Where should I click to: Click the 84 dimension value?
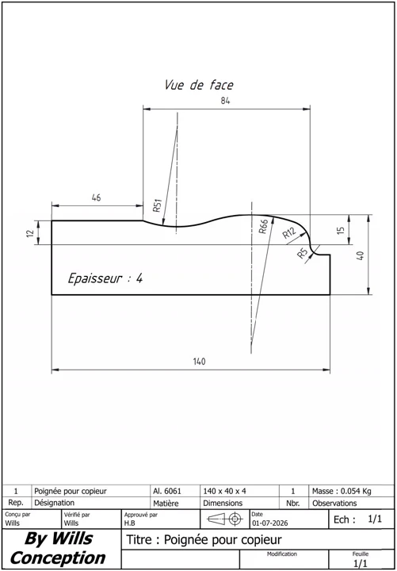[225, 101]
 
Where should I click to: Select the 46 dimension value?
[97, 197]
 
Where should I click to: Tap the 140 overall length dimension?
[199, 362]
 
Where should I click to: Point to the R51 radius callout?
[157, 206]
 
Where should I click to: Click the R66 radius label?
[263, 226]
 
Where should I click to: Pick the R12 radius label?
[290, 232]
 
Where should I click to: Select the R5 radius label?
[303, 253]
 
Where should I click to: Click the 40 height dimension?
[361, 255]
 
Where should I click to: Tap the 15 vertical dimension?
[341, 230]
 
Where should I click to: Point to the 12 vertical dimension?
[30, 232]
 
